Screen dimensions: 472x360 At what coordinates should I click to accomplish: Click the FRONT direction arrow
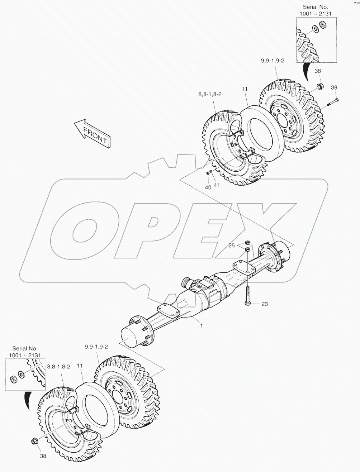point(92,133)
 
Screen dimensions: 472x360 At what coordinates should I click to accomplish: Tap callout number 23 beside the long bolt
point(264,304)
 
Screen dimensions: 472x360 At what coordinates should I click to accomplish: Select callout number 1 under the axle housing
point(202,326)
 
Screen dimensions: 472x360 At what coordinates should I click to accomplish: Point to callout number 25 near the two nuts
point(232,245)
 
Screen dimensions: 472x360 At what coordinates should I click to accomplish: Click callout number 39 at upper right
point(334,88)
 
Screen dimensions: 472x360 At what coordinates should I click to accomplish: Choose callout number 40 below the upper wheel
point(208,187)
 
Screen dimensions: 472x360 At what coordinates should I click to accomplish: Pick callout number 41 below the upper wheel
point(217,185)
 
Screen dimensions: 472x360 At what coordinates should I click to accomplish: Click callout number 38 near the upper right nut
point(318,71)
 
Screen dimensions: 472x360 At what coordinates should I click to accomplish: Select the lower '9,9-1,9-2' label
point(96,347)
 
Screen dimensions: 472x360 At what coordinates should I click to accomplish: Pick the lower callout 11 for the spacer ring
point(79,366)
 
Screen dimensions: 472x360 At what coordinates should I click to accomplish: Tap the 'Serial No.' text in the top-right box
point(315,7)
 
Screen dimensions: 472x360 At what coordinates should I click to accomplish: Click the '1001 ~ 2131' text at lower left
point(25,355)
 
